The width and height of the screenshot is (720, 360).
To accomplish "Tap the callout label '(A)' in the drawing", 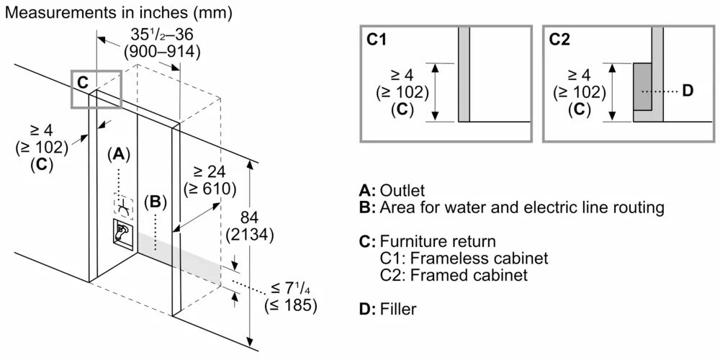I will (x=119, y=153).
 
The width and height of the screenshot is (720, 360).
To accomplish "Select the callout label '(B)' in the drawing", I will (x=153, y=202).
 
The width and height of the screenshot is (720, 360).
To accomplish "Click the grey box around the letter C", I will (x=96, y=89).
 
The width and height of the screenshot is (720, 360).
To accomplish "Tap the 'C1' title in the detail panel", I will (x=377, y=40).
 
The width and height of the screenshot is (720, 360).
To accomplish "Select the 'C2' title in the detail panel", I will (x=560, y=40).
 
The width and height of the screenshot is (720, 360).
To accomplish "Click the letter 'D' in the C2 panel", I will (x=686, y=91).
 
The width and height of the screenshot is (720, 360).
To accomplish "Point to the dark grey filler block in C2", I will (x=643, y=86).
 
